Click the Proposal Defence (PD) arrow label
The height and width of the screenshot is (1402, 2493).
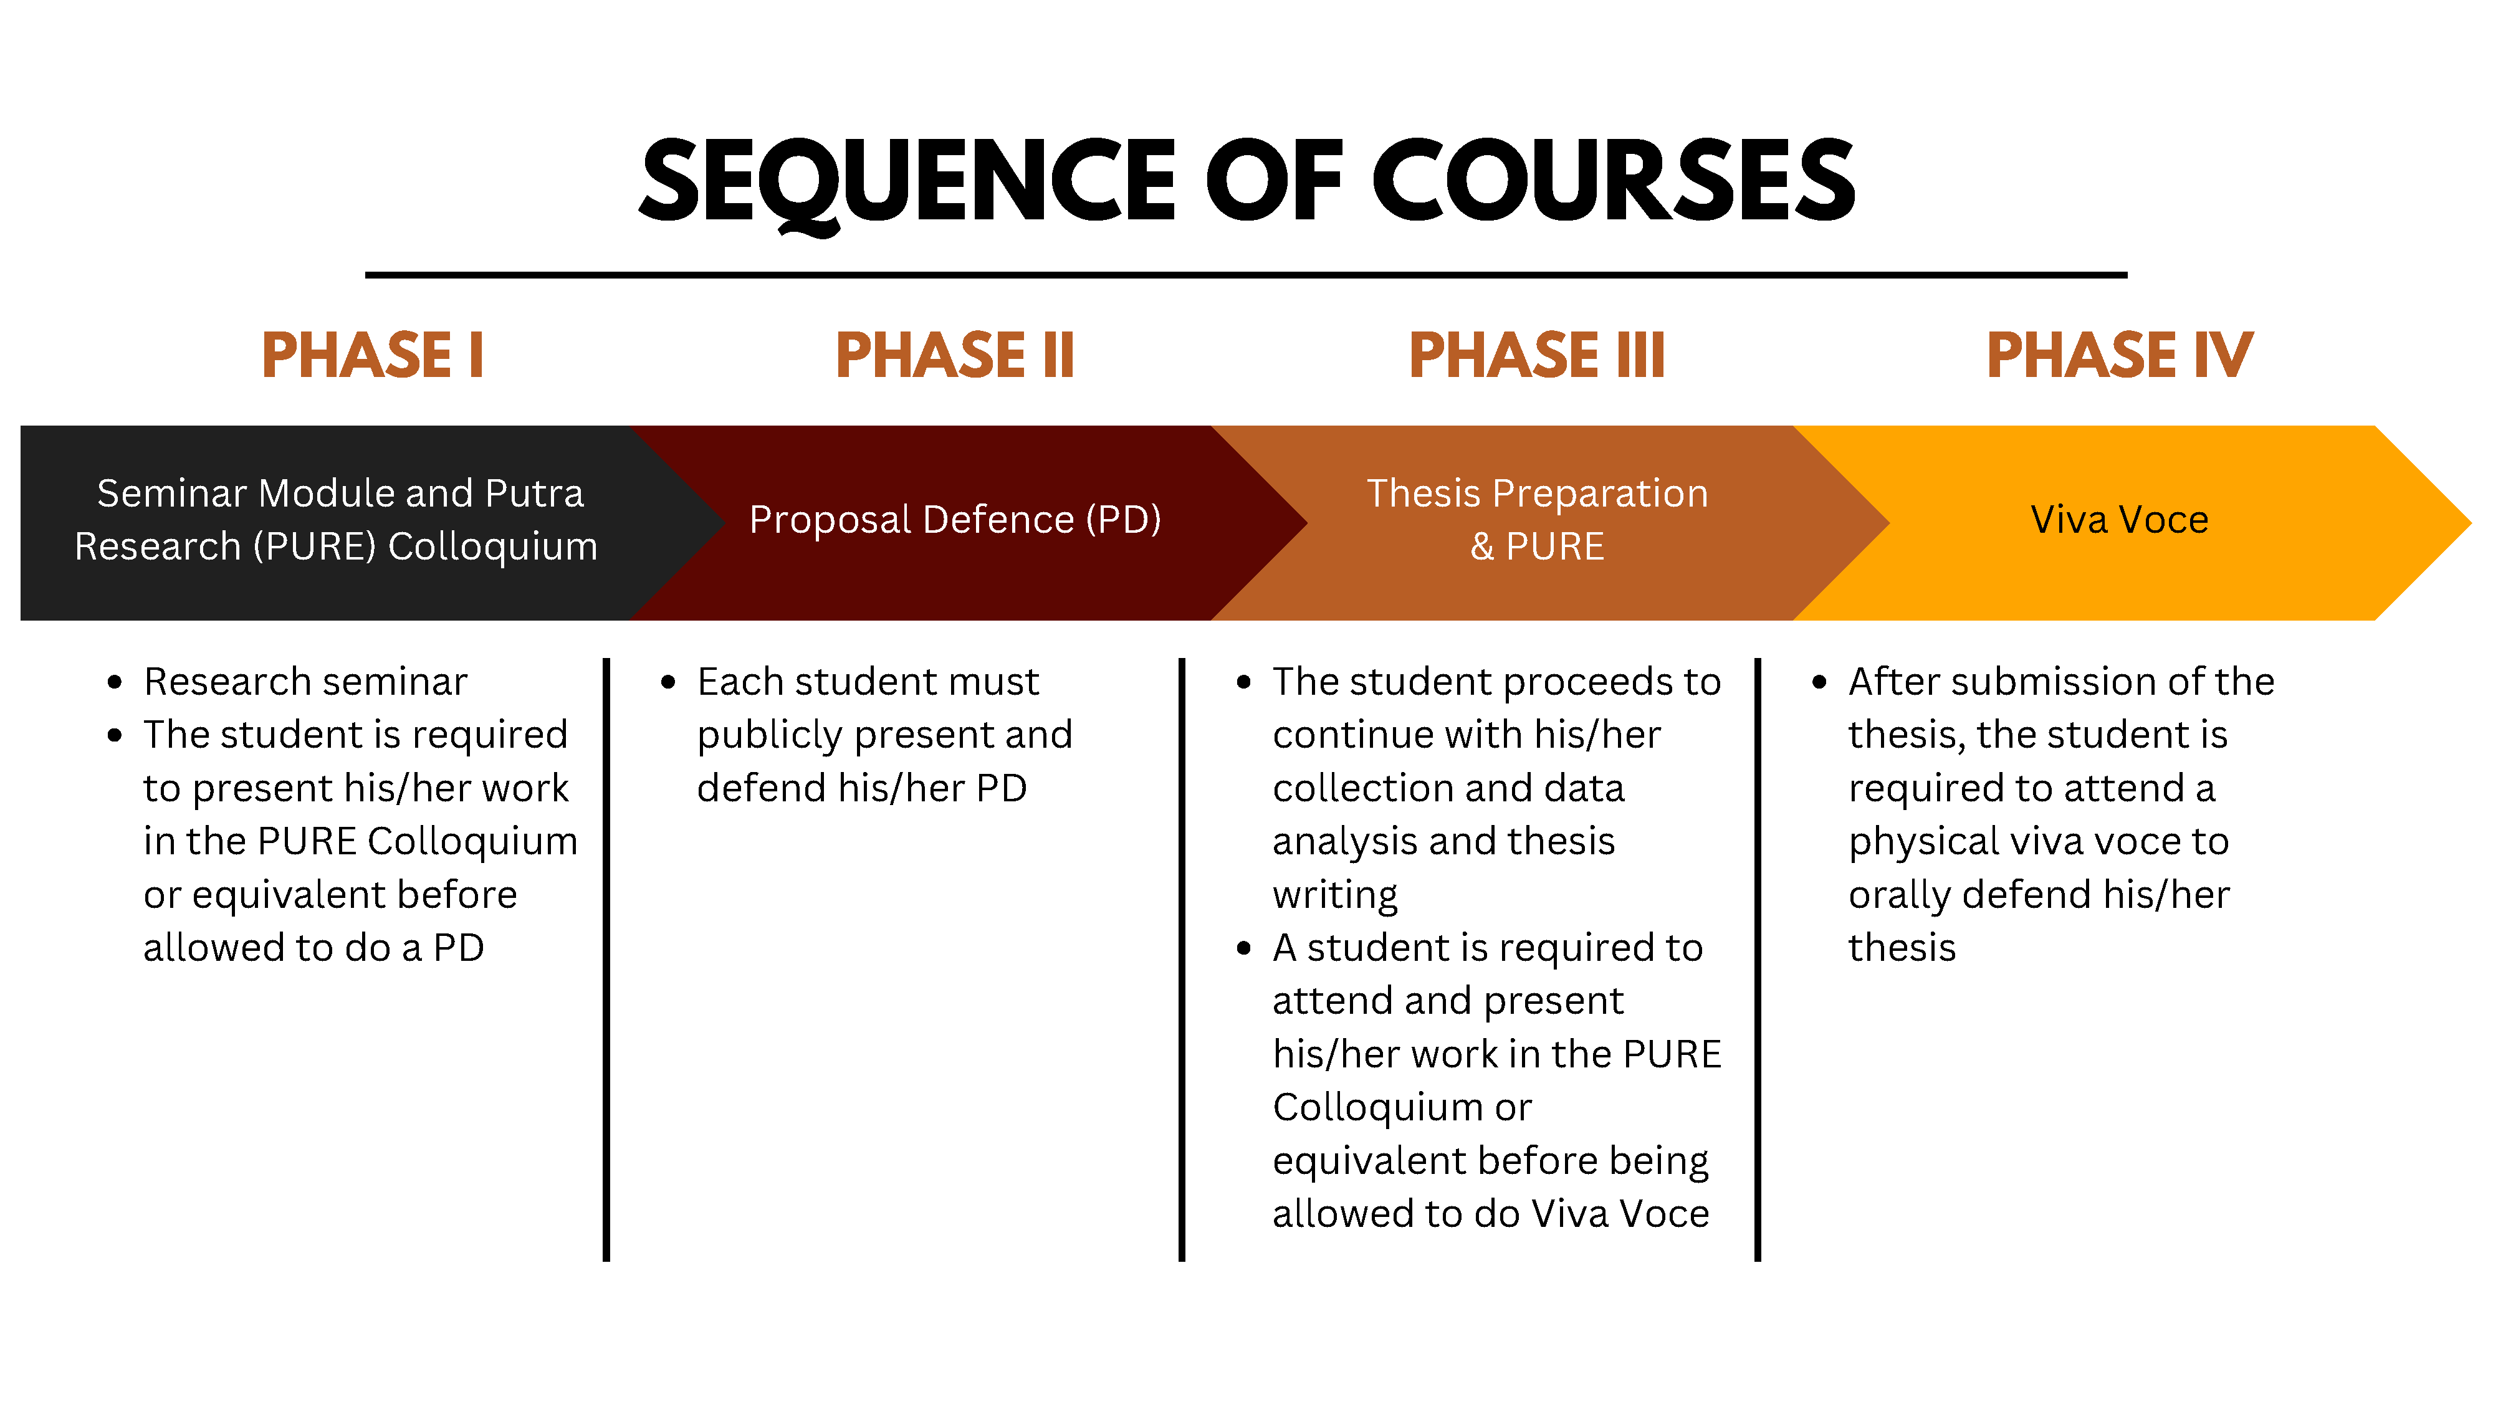[x=955, y=520]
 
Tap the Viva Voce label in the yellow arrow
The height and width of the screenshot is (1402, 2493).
[x=2120, y=520]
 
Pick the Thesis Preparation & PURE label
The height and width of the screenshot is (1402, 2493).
[x=1537, y=520]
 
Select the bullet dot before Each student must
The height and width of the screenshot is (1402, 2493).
[x=668, y=682]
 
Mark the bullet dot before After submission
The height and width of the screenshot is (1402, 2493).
[x=1819, y=682]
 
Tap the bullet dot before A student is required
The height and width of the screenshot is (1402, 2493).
[x=1243, y=948]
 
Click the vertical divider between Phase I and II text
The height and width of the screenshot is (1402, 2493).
[x=607, y=958]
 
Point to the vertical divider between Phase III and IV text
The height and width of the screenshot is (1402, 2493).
[x=1758, y=958]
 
